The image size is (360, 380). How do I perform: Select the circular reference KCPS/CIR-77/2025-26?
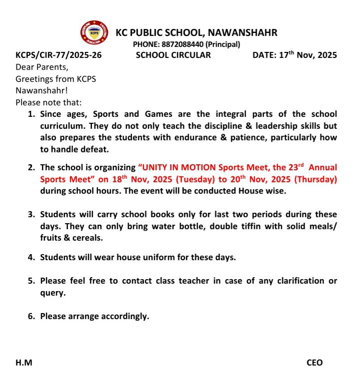[x=58, y=55]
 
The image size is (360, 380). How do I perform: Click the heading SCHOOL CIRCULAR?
[x=173, y=55]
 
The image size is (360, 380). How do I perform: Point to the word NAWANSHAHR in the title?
[x=242, y=33]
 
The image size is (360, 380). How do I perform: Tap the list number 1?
[x=31, y=114]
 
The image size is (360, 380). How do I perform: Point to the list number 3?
[x=31, y=214]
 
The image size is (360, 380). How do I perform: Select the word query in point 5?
[x=52, y=293]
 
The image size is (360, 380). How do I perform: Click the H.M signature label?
[x=24, y=363]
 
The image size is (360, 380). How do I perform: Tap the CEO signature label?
[x=314, y=363]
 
